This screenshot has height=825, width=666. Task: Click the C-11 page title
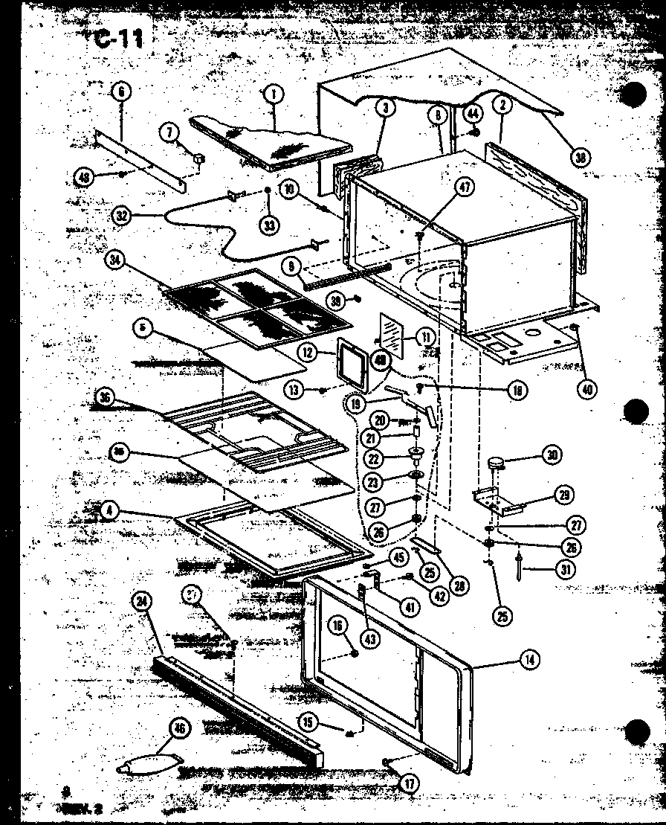[119, 39]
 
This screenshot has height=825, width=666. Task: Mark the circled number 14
[530, 658]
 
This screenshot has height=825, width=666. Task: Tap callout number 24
[139, 603]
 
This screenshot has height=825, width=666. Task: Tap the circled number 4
[109, 512]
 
